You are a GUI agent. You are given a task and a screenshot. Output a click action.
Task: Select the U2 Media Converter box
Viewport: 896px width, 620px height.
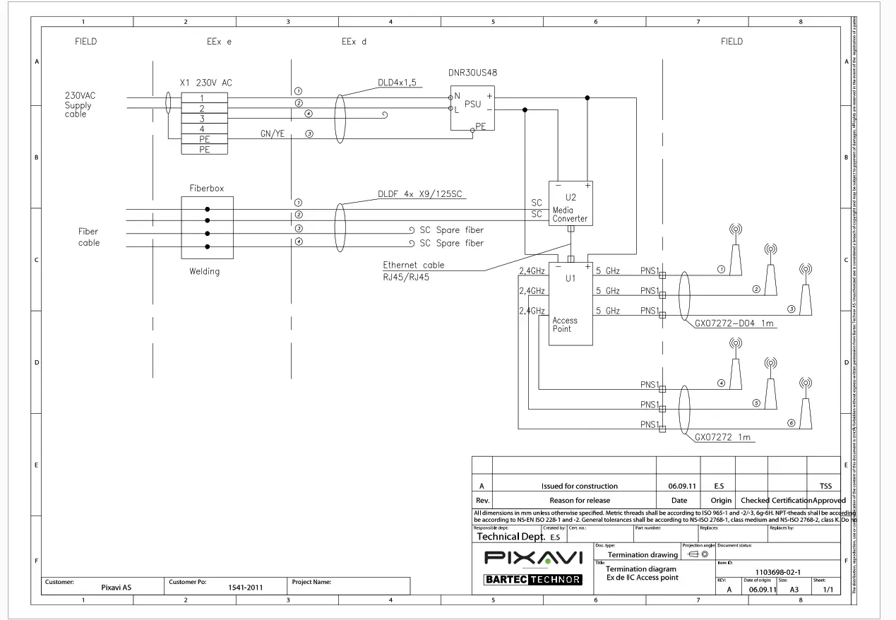571,204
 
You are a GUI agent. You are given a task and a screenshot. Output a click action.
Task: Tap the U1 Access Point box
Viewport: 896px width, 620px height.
571,304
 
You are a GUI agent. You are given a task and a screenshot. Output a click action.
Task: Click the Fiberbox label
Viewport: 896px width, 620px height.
206,189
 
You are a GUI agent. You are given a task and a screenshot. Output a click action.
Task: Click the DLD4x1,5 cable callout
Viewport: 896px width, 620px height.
397,83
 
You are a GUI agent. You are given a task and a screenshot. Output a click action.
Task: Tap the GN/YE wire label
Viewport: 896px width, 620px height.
272,133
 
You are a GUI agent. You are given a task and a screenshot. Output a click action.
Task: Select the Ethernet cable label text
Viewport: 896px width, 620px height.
414,266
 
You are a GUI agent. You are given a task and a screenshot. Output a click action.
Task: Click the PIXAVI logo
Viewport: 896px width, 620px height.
533,558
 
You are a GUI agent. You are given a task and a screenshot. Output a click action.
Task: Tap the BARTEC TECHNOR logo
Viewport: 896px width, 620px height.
533,580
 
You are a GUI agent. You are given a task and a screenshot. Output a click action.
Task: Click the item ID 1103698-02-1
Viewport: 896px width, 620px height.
777,573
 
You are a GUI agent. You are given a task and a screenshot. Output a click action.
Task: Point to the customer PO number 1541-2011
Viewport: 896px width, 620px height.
246,587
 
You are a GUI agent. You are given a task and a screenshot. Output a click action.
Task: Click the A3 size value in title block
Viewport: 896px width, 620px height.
794,590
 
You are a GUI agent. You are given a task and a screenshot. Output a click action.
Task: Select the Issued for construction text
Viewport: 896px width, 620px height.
579,486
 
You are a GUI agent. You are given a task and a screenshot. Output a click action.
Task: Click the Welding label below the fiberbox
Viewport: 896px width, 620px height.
204,271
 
